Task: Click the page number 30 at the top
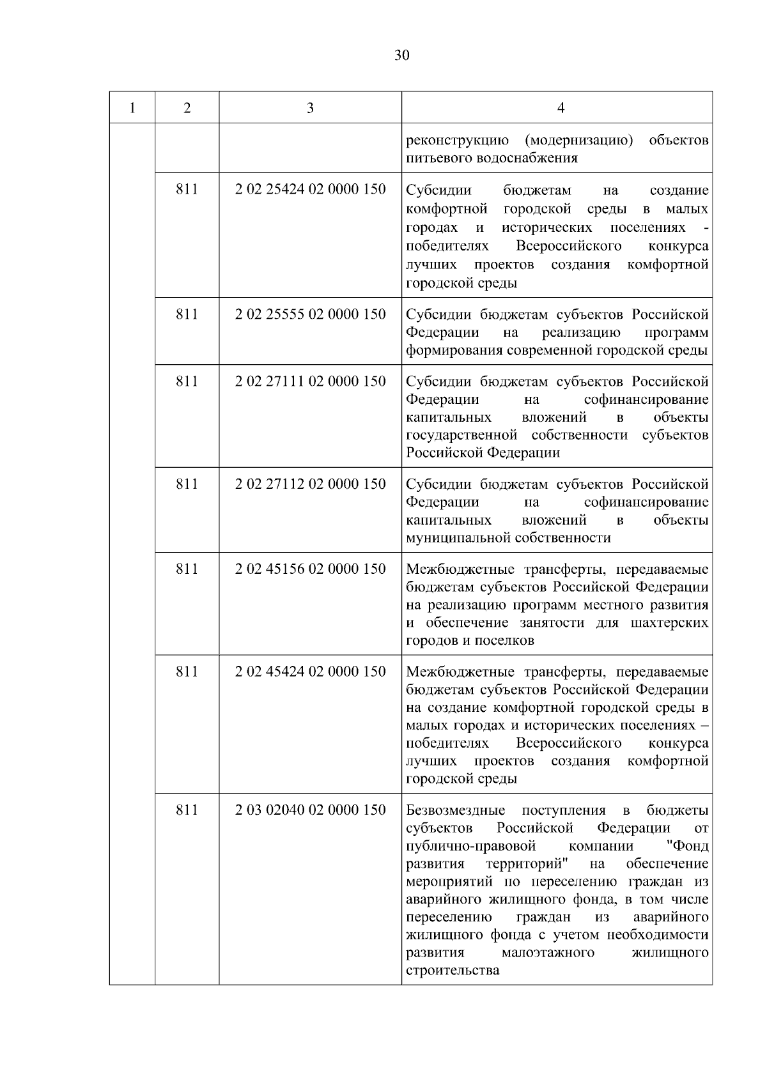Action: click(401, 56)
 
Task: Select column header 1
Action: click(132, 108)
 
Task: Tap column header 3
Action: click(310, 108)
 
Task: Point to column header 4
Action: click(561, 108)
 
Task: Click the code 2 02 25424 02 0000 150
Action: click(311, 190)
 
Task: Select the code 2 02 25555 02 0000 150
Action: click(311, 314)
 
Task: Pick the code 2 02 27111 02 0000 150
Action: click(311, 381)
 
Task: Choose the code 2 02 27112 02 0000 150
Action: click(311, 484)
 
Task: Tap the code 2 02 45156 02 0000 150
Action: click(311, 569)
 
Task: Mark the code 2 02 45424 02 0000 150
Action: click(311, 672)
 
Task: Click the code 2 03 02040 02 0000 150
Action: click(311, 810)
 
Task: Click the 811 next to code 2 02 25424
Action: click(187, 190)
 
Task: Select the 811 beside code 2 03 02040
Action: click(187, 810)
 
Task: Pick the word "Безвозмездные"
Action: click(456, 811)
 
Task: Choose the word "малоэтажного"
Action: click(548, 953)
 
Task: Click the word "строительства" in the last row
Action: click(453, 971)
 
